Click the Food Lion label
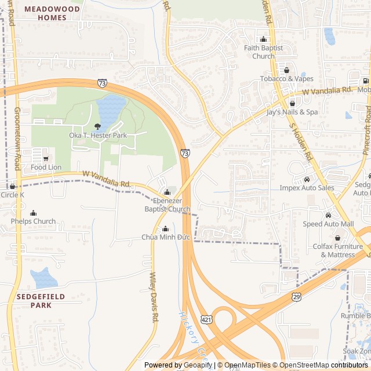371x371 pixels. click(46, 168)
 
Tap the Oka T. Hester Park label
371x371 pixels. click(98, 135)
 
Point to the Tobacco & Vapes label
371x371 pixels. click(286, 79)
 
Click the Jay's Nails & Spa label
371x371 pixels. click(292, 112)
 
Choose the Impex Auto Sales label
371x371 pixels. click(307, 188)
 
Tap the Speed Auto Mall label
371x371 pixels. click(328, 224)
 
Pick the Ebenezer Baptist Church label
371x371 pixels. click(167, 205)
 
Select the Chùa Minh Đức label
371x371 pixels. click(166, 237)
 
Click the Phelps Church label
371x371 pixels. click(33, 221)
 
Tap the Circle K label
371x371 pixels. click(13, 195)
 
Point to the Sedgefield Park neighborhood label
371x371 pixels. click(41, 300)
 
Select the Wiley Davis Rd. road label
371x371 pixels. click(154, 297)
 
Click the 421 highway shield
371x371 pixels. click(207, 319)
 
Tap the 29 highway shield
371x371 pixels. click(297, 296)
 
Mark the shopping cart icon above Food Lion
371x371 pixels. click(46, 158)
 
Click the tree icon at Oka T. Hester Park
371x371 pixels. click(97, 126)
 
